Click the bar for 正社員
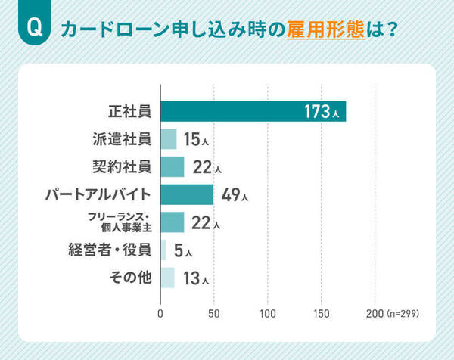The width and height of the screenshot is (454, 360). (x=253, y=111)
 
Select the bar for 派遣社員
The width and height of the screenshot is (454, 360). (x=169, y=139)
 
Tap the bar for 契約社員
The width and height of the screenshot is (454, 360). (x=173, y=166)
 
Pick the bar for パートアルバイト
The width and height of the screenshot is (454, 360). (x=187, y=194)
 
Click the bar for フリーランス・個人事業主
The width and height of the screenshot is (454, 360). (x=173, y=222)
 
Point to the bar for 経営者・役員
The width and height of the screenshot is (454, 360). (x=163, y=250)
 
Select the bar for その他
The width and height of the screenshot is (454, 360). (x=168, y=278)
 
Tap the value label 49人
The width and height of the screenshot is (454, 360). (x=235, y=195)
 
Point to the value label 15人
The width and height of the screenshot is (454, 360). (x=196, y=140)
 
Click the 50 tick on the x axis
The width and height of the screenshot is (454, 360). (x=214, y=312)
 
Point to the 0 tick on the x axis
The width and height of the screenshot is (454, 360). (x=161, y=312)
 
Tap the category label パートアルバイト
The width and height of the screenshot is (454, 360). (x=98, y=194)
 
